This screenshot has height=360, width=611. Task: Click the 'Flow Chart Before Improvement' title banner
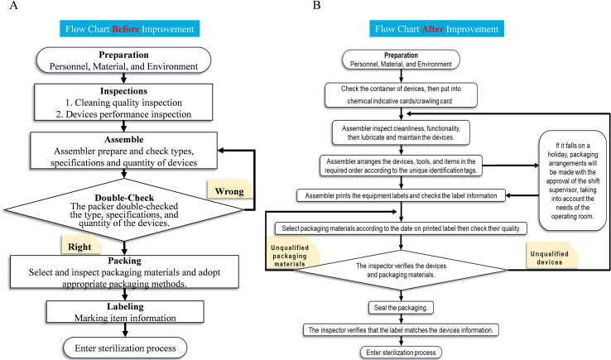tap(129, 29)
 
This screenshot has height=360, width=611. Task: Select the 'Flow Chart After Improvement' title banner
tap(436, 29)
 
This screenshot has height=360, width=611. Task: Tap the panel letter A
tap(13, 6)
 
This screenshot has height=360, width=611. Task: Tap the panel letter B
tap(317, 6)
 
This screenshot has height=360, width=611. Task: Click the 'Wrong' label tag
tap(229, 190)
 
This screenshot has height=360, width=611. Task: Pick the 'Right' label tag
tap(80, 246)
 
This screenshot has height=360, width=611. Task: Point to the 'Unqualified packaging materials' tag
tap(291, 255)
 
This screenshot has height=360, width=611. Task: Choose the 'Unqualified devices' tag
tap(551, 257)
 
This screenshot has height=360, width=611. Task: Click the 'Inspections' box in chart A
tap(123, 102)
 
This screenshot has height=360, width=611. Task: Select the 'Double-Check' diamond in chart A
tap(124, 209)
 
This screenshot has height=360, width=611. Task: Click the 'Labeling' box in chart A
tap(125, 312)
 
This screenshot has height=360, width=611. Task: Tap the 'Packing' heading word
tap(125, 261)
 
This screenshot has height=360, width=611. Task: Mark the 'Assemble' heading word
tap(124, 140)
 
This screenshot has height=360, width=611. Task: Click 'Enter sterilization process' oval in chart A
tap(125, 348)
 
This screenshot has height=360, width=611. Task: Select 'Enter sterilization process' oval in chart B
tap(401, 353)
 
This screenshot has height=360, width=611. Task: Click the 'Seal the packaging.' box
tap(401, 307)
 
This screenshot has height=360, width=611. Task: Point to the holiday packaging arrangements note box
tap(572, 180)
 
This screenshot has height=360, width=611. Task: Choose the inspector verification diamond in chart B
tap(401, 270)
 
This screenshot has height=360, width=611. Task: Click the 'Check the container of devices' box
tap(401, 94)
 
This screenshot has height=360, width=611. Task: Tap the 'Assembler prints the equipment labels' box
tap(401, 195)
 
